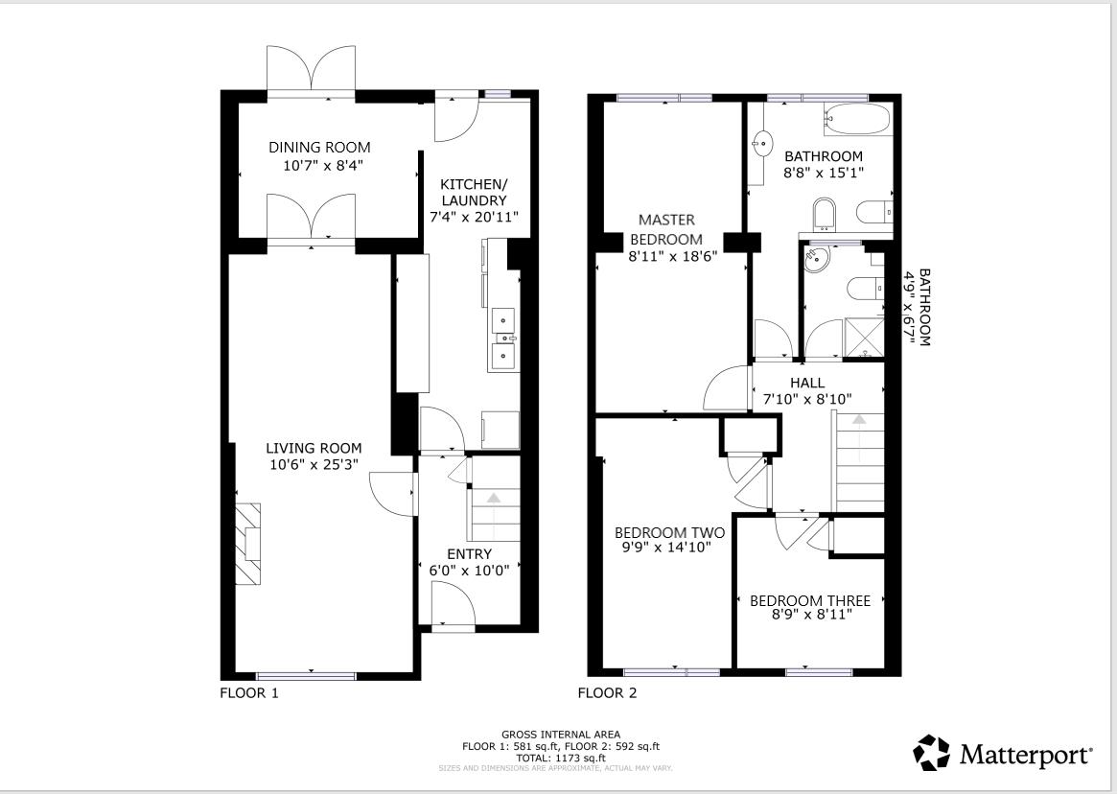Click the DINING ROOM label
(318, 148)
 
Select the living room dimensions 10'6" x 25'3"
(314, 466)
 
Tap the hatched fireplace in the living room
(248, 543)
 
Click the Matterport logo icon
(931, 754)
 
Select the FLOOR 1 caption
(249, 692)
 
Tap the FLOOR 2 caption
(606, 692)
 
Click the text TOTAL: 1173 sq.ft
(561, 758)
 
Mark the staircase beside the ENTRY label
(493, 514)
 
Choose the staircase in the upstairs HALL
(860, 460)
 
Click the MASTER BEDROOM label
(665, 229)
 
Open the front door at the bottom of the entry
(453, 607)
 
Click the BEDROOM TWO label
(669, 533)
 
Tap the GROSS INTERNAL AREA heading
(561, 735)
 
